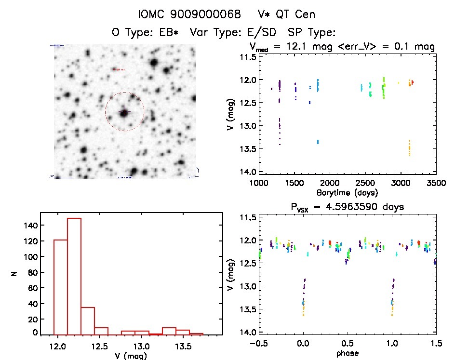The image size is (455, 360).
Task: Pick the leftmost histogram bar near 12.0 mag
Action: (x=60, y=287)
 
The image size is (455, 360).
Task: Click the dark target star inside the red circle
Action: (x=124, y=113)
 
